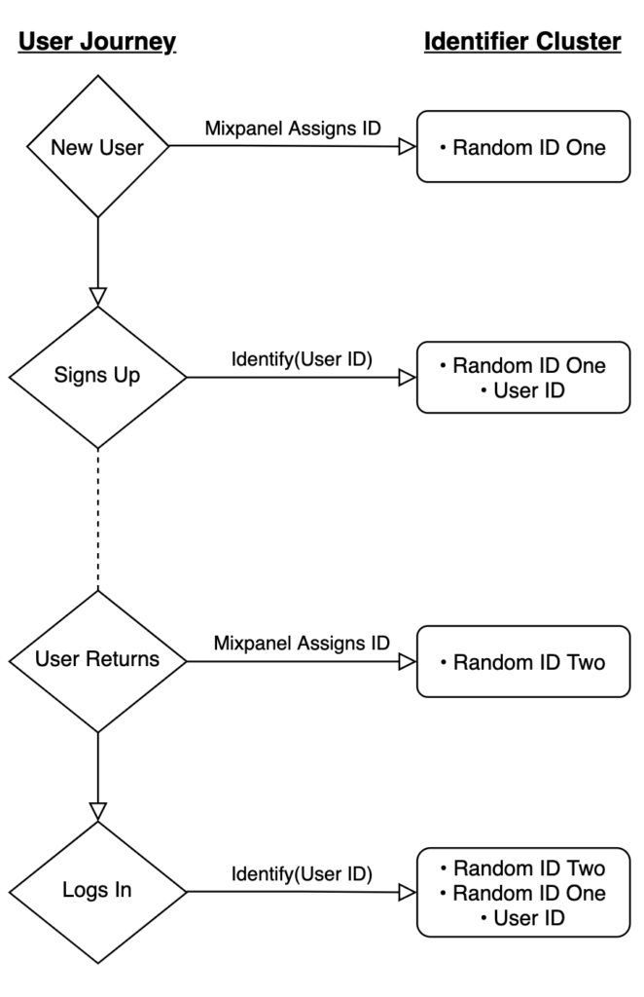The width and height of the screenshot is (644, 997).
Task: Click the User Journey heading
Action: pyautogui.click(x=97, y=42)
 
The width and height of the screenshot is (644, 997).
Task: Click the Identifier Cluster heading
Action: pyautogui.click(x=521, y=42)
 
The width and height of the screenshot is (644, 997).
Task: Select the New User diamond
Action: pyautogui.click(x=97, y=148)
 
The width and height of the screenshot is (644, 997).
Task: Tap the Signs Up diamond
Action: pyautogui.click(x=97, y=377)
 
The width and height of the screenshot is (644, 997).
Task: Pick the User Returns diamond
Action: pyautogui.click(x=97, y=659)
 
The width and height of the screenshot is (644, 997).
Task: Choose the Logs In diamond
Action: pyautogui.click(x=97, y=891)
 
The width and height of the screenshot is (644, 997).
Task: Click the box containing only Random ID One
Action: pyautogui.click(x=522, y=148)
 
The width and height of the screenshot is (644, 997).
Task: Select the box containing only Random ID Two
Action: pyautogui.click(x=522, y=662)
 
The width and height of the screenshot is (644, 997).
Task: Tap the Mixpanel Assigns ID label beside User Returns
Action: pyautogui.click(x=302, y=643)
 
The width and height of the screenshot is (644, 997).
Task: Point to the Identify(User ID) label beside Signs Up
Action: pyautogui.click(x=302, y=358)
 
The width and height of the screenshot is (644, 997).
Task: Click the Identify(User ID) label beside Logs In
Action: pyautogui.click(x=302, y=873)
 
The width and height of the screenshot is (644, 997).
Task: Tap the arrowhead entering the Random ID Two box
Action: pyautogui.click(x=408, y=662)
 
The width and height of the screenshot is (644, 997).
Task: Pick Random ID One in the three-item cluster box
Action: pyautogui.click(x=522, y=893)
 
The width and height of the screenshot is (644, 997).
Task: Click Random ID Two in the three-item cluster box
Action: pyautogui.click(x=522, y=868)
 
